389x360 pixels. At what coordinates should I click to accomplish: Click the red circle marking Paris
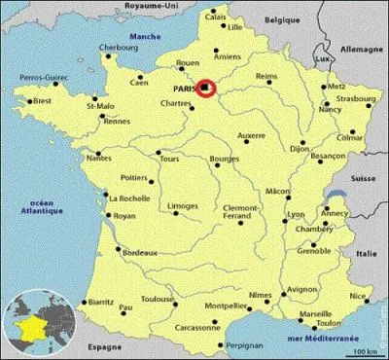206,89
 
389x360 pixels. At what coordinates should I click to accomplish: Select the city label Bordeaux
140,253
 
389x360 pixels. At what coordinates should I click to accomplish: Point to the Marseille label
315,314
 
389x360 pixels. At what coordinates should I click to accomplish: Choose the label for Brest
42,100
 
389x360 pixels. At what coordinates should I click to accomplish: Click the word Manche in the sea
144,38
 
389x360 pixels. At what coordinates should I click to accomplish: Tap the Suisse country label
364,179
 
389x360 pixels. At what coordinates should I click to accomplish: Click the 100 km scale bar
365,350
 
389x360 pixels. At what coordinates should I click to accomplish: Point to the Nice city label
360,297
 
